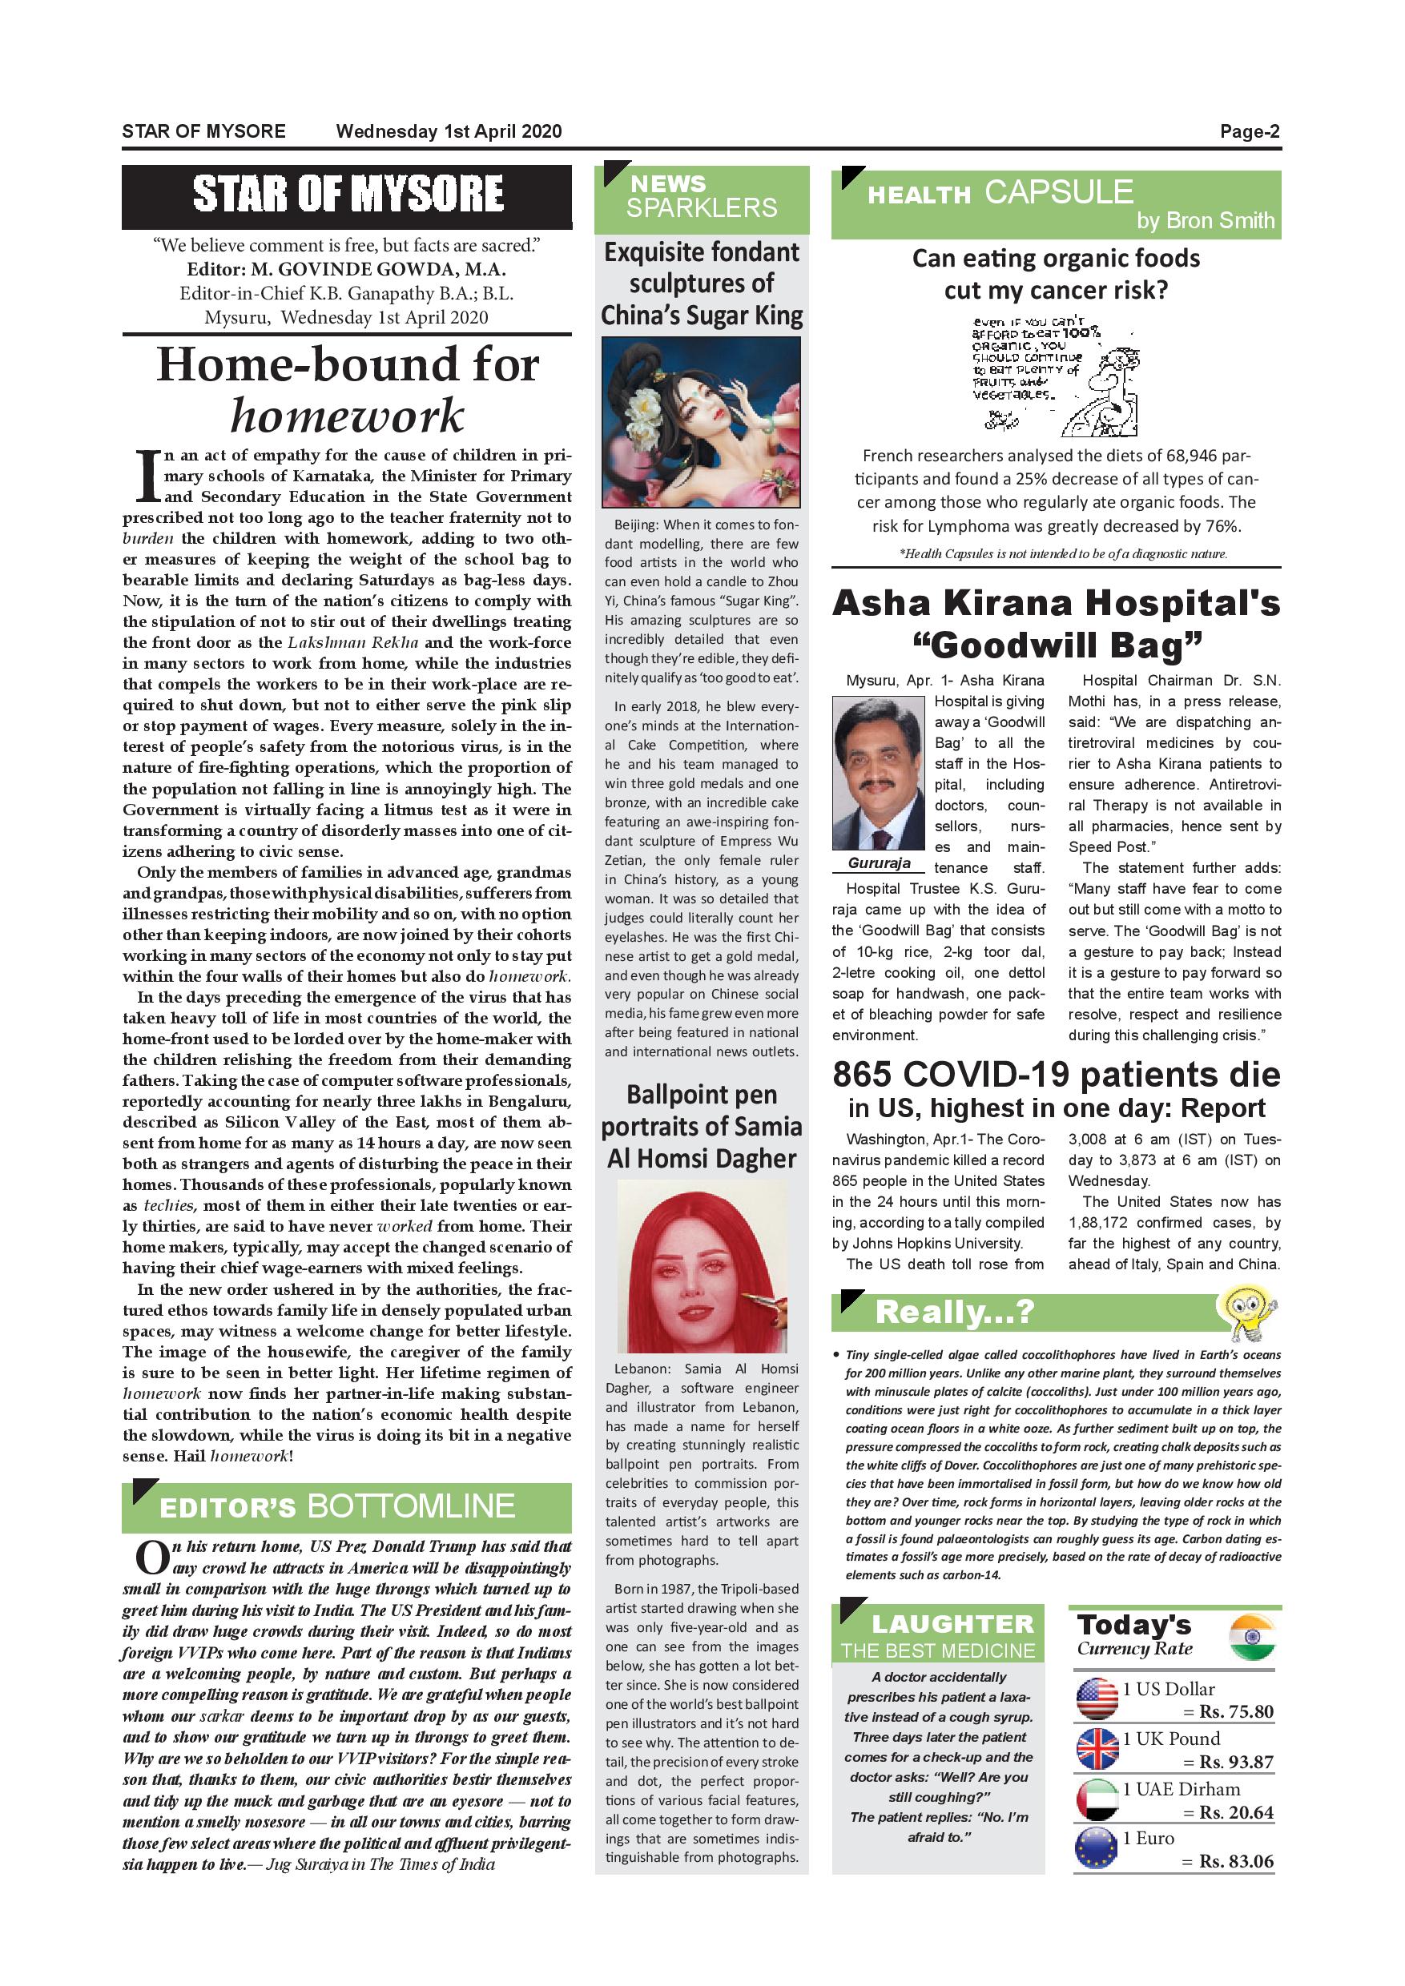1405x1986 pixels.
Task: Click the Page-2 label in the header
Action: [x=1250, y=131]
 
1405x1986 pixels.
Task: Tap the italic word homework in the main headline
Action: [x=347, y=416]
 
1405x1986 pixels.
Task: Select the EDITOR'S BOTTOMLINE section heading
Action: [x=337, y=1506]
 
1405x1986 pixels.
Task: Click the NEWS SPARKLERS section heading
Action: [x=702, y=196]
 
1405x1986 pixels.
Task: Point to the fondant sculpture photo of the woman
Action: [x=701, y=421]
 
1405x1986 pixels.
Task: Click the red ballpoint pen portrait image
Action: [x=702, y=1265]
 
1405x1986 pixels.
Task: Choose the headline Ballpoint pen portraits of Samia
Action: [x=702, y=1126]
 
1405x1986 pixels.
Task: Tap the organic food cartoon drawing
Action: [x=1056, y=377]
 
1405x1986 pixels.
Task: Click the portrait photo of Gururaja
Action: [x=877, y=773]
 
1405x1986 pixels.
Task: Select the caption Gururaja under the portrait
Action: [x=879, y=863]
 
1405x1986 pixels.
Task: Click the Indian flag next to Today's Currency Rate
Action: [x=1252, y=1637]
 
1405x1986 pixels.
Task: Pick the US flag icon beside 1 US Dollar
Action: [x=1097, y=1699]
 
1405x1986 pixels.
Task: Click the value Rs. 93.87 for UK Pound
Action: [x=1235, y=1762]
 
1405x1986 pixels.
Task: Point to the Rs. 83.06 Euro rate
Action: [x=1235, y=1861]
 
